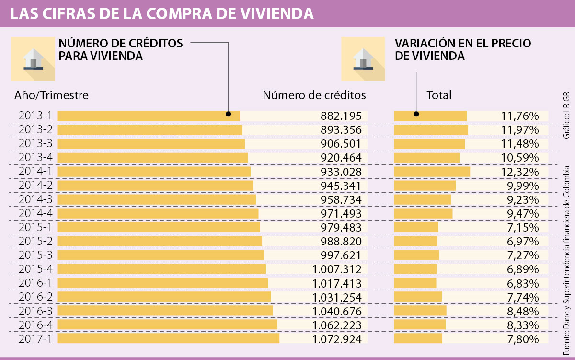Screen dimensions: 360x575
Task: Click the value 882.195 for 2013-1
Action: coord(341,116)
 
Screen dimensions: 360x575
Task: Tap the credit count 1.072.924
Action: coord(336,339)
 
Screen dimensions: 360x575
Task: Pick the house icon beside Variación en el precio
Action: coord(363,58)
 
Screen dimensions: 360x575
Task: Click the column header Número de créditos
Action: coord(314,95)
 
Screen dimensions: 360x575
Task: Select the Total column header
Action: coord(439,95)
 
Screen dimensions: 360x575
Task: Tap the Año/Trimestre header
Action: coord(52,95)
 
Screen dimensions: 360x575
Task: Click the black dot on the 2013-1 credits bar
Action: coord(228,114)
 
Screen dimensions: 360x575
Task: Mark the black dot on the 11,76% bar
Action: coord(416,114)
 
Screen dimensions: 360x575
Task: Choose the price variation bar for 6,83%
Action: coord(415,283)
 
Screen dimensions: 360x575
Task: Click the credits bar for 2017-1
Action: coord(168,339)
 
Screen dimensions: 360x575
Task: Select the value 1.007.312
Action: coord(336,269)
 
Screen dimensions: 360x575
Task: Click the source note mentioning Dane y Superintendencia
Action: coord(567,255)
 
